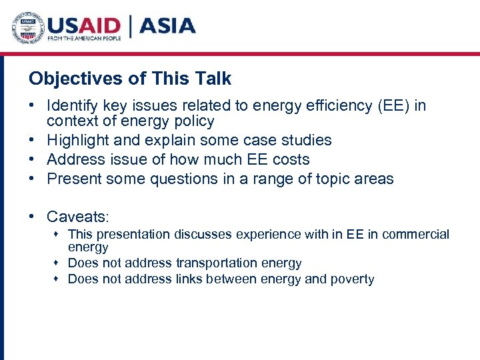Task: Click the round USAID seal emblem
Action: pos(29,28)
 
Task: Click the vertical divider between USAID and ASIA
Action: pos(131,27)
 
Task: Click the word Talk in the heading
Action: pos(212,79)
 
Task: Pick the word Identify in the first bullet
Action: pos(72,106)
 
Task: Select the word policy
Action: pos(192,121)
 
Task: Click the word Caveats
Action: pos(77,217)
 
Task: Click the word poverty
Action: pos(351,279)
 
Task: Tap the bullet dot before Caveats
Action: pos(33,217)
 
